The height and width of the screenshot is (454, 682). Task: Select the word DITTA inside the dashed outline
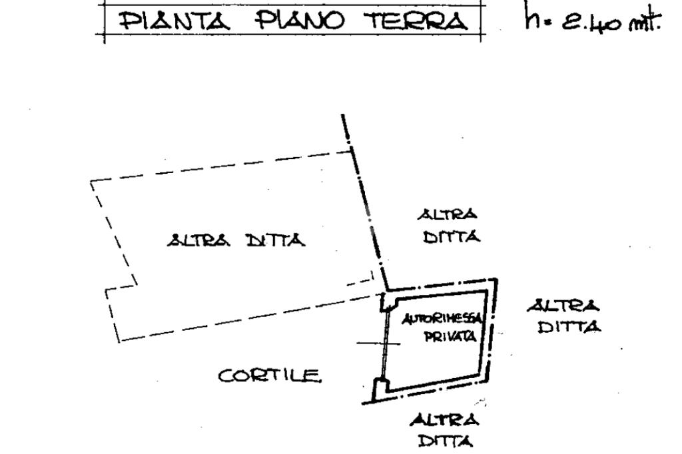tap(275, 240)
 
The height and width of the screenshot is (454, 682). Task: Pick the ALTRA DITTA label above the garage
tap(449, 226)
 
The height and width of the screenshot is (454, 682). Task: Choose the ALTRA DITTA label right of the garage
tap(563, 317)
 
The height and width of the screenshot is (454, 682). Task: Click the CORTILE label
tap(270, 376)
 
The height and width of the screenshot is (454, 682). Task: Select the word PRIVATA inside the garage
tap(450, 337)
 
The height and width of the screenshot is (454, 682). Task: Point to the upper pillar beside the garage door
tap(385, 303)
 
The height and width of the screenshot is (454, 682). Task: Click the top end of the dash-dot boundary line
tap(343, 116)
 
